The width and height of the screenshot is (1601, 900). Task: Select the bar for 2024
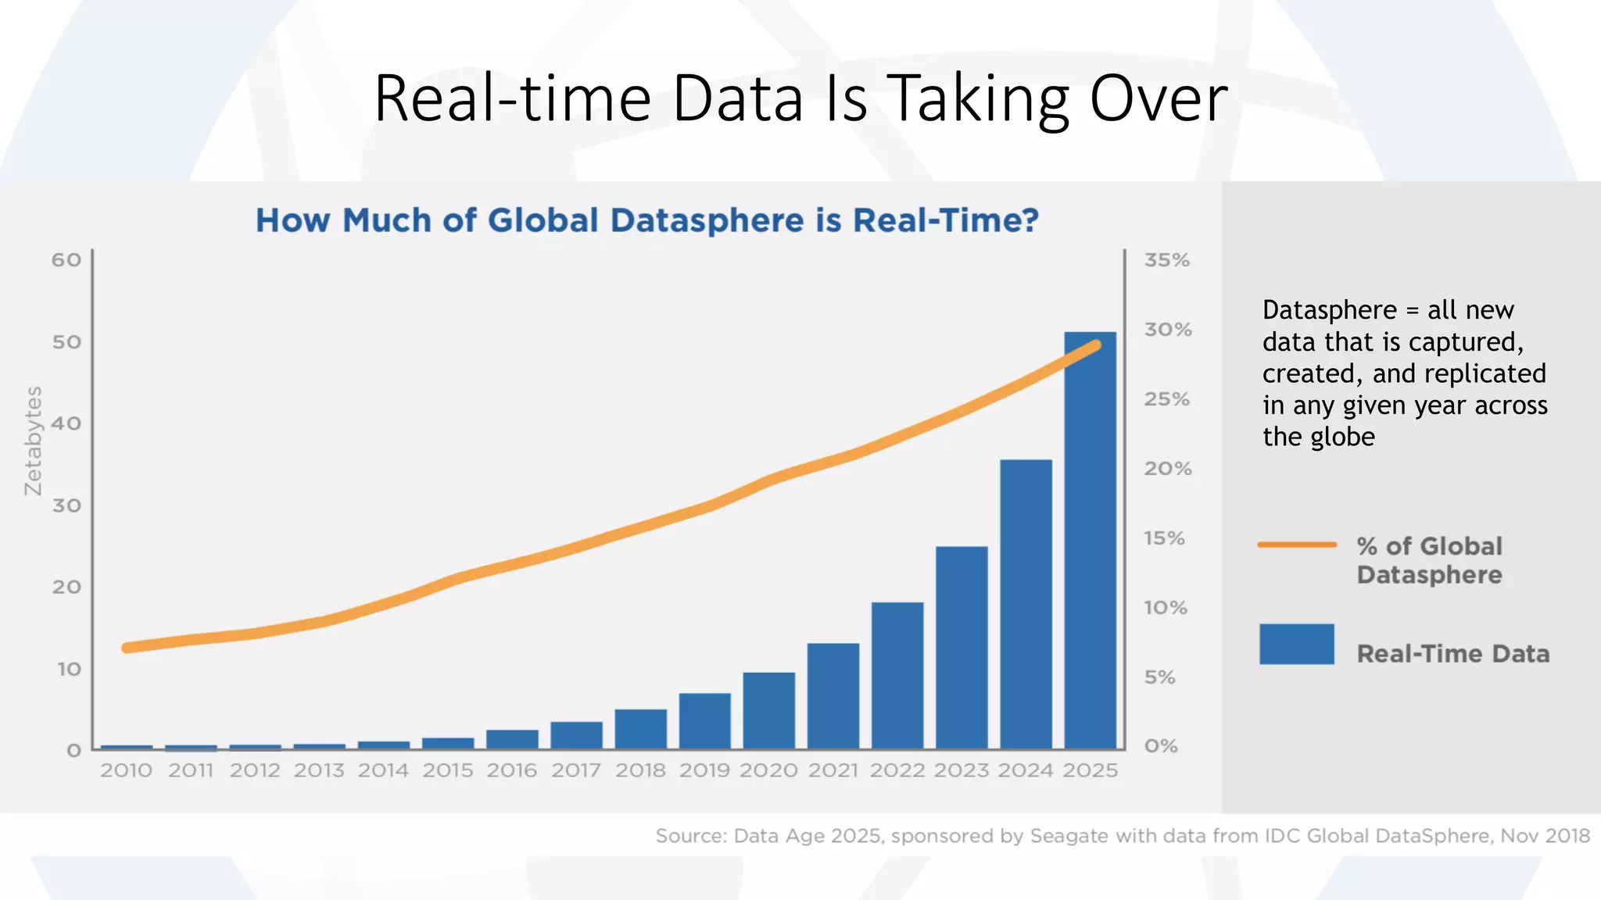point(1026,605)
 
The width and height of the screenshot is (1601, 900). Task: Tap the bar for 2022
point(897,676)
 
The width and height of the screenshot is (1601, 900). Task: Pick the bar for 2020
point(769,711)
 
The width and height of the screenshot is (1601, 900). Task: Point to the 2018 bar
point(640,729)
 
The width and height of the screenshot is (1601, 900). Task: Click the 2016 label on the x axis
point(512,770)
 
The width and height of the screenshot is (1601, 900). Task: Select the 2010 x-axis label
point(126,770)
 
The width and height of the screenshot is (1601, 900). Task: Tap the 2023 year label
point(962,770)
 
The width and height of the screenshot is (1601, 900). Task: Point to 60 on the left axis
point(66,260)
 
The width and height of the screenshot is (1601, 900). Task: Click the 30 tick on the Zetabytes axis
point(66,505)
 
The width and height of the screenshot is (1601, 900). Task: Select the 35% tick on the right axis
point(1167,260)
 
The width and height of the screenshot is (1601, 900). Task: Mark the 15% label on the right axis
point(1165,538)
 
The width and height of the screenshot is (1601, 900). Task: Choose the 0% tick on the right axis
point(1161,746)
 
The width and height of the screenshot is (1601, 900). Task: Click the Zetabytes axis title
point(33,441)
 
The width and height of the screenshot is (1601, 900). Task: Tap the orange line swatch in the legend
point(1297,545)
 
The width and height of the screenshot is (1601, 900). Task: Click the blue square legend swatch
point(1297,644)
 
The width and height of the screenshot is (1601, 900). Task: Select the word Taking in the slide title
point(980,100)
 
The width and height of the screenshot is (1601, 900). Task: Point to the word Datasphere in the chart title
point(707,220)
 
